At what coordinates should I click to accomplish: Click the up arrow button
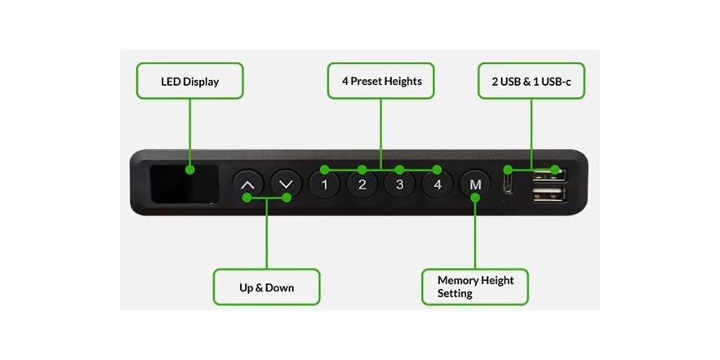[248, 184]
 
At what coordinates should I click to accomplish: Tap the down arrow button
[286, 184]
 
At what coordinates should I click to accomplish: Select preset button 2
[362, 185]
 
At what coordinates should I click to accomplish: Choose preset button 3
[399, 185]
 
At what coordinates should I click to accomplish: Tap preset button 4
[438, 185]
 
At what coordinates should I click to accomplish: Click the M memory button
[475, 185]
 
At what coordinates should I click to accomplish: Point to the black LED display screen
[184, 184]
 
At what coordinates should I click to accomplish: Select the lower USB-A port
[549, 194]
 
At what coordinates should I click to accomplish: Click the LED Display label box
[189, 81]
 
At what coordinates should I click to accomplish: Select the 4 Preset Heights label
[380, 81]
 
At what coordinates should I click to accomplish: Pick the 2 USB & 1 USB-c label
[531, 81]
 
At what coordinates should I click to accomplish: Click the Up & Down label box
[266, 287]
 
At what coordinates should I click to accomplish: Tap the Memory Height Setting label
[475, 287]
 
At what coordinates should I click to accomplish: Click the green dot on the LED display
[189, 170]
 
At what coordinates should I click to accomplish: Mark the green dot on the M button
[475, 197]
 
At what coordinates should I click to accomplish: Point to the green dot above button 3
[399, 170]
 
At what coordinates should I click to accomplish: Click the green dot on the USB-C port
[508, 170]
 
